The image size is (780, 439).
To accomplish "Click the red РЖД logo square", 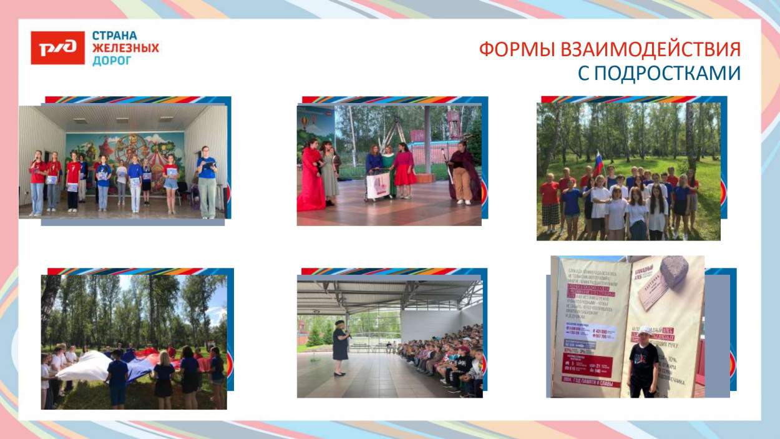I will [57, 48].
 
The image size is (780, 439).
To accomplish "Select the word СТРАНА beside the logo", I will [115, 36].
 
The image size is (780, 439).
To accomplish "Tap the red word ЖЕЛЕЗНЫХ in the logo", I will [125, 48].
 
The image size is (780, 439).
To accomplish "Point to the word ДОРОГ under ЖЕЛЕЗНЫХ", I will [112, 61].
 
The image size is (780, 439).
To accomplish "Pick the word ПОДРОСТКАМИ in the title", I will [667, 73].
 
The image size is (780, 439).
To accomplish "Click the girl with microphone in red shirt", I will [37, 181].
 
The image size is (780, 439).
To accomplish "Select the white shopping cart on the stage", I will [379, 186].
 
